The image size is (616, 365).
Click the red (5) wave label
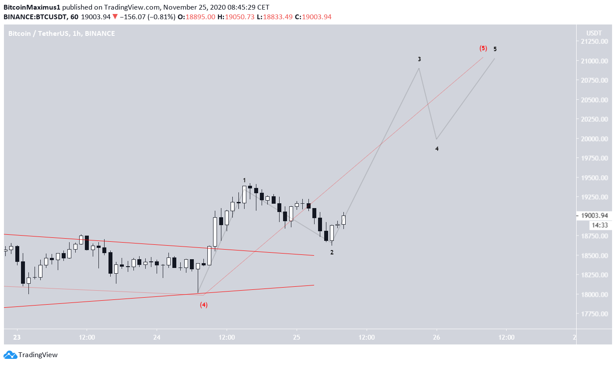tap(483, 48)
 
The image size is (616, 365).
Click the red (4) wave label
tap(203, 305)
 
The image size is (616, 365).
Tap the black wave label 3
tap(419, 59)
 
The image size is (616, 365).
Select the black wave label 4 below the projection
tap(437, 149)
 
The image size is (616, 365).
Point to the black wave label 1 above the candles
tap(245, 180)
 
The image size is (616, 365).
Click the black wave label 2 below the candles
tap(332, 252)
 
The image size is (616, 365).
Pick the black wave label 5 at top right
tap(495, 49)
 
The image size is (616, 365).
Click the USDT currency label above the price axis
tap(594, 33)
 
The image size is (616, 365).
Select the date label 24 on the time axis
tap(157, 337)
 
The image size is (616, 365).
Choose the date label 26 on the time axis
tap(437, 337)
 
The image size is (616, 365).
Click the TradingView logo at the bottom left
tap(31, 355)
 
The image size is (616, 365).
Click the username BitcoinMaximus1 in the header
tap(32, 7)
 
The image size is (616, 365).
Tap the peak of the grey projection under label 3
tap(419, 68)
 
